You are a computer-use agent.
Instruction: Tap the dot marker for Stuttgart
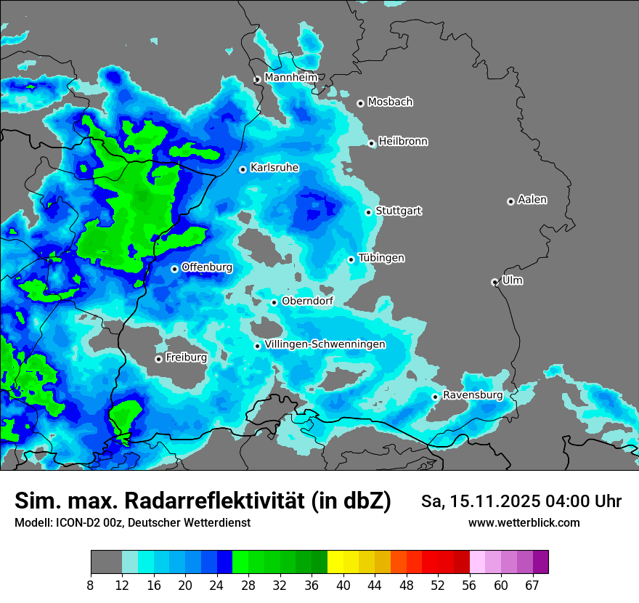click(x=369, y=212)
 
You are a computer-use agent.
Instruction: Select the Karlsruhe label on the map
click(x=274, y=168)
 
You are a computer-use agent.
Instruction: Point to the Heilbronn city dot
click(x=372, y=143)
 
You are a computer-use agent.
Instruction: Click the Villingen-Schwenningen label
click(x=325, y=344)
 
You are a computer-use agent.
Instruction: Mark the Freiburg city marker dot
click(x=158, y=359)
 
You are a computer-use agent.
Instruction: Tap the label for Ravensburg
click(x=473, y=395)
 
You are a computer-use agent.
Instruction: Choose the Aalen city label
click(x=532, y=200)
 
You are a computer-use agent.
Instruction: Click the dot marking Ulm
click(x=495, y=282)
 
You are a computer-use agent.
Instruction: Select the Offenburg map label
click(x=207, y=267)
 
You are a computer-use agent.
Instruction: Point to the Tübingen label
click(x=381, y=258)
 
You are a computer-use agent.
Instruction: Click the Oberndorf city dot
click(x=274, y=302)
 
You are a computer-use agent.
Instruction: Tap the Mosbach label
click(x=390, y=102)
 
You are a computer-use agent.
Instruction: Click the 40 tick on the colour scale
click(x=343, y=584)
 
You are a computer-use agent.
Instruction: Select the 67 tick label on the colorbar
click(x=532, y=584)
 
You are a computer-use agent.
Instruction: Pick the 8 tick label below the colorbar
click(x=91, y=584)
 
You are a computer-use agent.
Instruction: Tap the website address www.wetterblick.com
click(x=524, y=523)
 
